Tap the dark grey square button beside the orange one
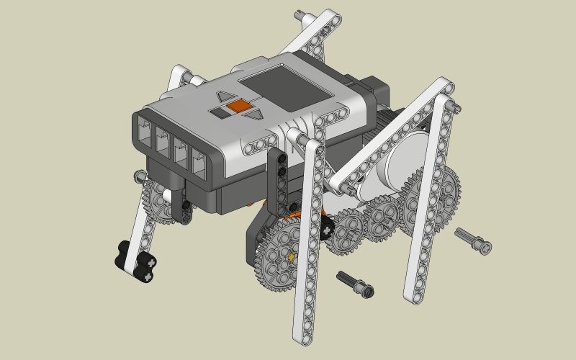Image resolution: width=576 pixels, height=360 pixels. (x=218, y=113)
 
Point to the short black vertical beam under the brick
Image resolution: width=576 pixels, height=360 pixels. (x=281, y=176)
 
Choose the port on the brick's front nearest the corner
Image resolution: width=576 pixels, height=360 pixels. (x=198, y=158)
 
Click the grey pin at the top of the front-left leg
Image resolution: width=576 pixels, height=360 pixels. (x=139, y=175)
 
